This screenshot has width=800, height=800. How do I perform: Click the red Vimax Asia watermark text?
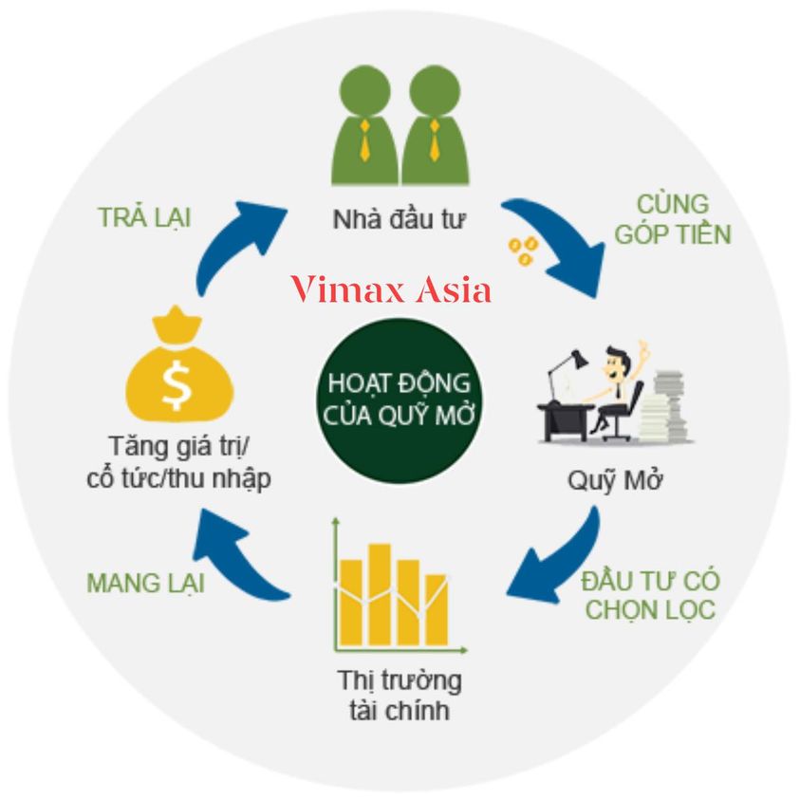(391, 288)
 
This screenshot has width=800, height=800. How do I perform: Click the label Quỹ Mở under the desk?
(614, 479)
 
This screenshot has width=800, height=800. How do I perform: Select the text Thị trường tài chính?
(399, 694)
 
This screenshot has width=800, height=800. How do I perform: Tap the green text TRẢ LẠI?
(144, 216)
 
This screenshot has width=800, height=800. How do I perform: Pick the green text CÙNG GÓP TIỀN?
(672, 219)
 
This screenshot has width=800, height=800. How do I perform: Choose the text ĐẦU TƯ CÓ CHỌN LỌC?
(650, 594)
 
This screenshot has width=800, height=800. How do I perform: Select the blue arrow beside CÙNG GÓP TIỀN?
(560, 244)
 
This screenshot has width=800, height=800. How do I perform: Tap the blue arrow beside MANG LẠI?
(237, 555)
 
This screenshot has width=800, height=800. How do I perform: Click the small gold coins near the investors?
(521, 251)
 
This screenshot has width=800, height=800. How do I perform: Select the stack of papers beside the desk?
(668, 403)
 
